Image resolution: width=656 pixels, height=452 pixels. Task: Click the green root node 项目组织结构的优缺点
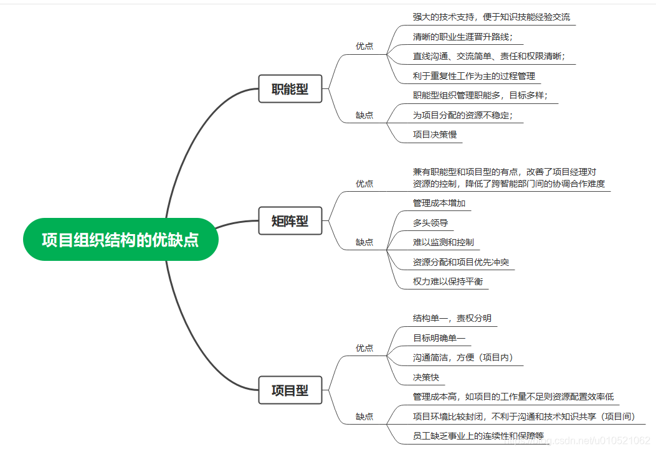pos(121,240)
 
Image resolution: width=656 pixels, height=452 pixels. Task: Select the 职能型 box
pos(290,89)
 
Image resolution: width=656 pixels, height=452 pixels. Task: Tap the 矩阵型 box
pos(290,220)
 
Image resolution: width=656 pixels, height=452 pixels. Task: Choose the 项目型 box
pos(290,390)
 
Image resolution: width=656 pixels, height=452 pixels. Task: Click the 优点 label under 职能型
pos(364,46)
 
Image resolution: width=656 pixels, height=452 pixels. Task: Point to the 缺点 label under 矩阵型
pos(364,242)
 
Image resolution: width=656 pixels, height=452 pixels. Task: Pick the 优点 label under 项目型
pos(364,348)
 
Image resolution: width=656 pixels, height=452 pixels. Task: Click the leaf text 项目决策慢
pos(435,134)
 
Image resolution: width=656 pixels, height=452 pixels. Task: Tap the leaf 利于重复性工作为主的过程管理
pos(474,76)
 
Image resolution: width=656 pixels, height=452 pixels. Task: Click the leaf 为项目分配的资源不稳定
pos(463,115)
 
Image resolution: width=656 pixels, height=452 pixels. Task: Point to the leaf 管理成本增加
pos(439,203)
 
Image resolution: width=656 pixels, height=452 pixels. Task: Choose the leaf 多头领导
pos(430,223)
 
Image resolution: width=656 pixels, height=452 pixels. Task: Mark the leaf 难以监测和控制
pos(443,242)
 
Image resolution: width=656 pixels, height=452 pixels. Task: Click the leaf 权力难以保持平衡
pos(448,281)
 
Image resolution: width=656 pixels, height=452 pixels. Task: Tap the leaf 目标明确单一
pos(439,338)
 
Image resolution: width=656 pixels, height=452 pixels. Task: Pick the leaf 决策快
pos(426,377)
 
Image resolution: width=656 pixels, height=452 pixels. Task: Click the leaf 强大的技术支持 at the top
pos(491,17)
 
